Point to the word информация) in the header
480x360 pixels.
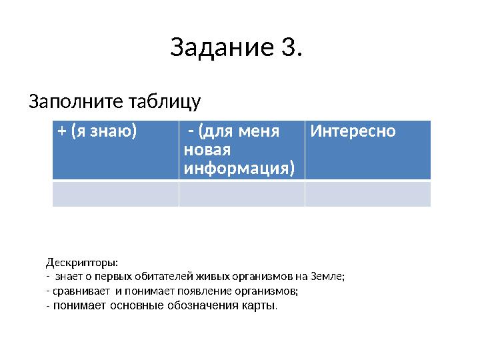[239, 167]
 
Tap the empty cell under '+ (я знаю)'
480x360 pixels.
[115, 194]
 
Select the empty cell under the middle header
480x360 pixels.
[241, 194]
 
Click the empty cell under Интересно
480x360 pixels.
[367, 194]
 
